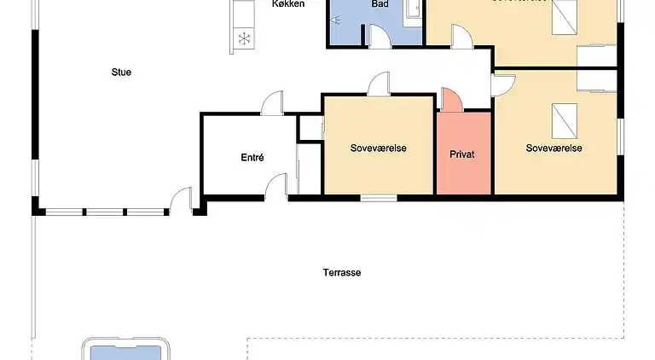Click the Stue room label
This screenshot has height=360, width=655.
pyautogui.click(x=121, y=73)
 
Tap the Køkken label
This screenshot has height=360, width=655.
pyautogui.click(x=288, y=4)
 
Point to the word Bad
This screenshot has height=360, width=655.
pyautogui.click(x=380, y=4)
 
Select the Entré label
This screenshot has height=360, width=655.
pyautogui.click(x=252, y=158)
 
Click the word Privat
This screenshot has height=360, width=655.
pyautogui.click(x=462, y=154)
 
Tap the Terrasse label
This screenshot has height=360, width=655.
pyautogui.click(x=342, y=273)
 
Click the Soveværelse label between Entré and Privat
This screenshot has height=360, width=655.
pyautogui.click(x=378, y=148)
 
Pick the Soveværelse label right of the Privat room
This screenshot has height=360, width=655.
pyautogui.click(x=554, y=148)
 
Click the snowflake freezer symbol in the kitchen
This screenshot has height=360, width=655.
pyautogui.click(x=245, y=38)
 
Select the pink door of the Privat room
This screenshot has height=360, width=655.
pyautogui.click(x=451, y=100)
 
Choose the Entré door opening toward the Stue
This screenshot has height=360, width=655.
pyautogui.click(x=272, y=103)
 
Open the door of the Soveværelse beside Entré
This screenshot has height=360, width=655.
pyautogui.click(x=379, y=83)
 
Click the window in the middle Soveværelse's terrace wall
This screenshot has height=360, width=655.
pyautogui.click(x=378, y=198)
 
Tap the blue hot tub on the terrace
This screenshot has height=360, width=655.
pyautogui.click(x=126, y=350)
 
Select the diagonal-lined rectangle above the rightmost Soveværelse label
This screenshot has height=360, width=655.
pyautogui.click(x=564, y=117)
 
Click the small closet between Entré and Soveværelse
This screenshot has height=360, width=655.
pyautogui.click(x=310, y=127)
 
